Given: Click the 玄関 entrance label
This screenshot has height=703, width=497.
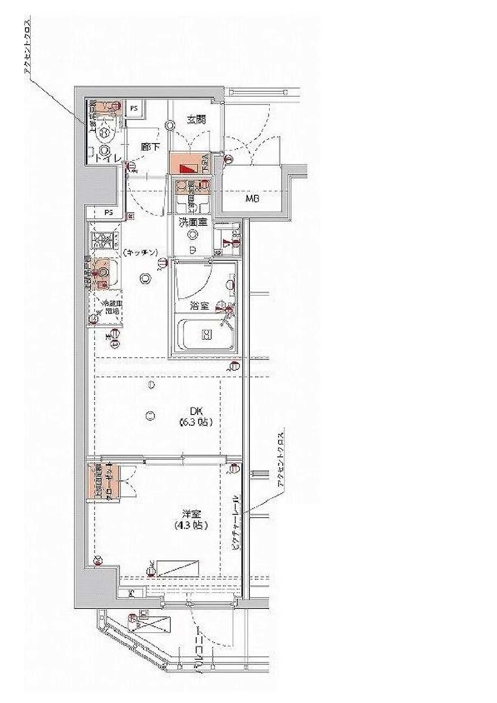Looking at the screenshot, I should point(196,119).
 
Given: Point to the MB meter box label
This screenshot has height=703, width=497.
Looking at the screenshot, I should point(252,199).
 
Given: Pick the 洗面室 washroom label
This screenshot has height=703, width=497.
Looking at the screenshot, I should point(193,222).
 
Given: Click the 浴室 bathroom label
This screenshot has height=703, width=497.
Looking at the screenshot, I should point(199,305).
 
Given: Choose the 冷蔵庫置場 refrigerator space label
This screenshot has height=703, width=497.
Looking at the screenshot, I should point(109,308).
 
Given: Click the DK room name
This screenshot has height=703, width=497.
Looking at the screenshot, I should point(196,411).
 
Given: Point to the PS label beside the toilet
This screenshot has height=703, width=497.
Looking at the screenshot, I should point(134,108).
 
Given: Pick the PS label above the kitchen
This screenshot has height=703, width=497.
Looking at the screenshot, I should point(109,213).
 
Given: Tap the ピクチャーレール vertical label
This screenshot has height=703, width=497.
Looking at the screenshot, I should point(236,522).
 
